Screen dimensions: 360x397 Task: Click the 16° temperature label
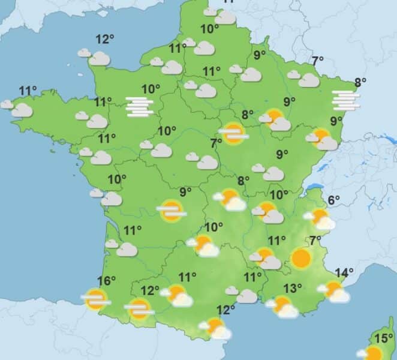pyautogui.click(x=106, y=280)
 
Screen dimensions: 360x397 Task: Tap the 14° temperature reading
pyautogui.click(x=344, y=274)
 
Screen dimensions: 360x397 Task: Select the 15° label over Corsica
pyautogui.click(x=383, y=338)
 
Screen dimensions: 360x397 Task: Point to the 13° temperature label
pyautogui.click(x=292, y=288)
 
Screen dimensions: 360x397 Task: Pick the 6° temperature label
pyautogui.click(x=333, y=200)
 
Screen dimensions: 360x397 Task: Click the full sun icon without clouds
pyautogui.click(x=301, y=259)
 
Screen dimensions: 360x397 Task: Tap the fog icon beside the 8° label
pyautogui.click(x=347, y=100)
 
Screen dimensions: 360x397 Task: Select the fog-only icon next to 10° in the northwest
pyautogui.click(x=140, y=106)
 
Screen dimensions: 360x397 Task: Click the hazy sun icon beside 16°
pyautogui.click(x=95, y=298)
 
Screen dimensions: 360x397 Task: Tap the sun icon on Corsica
pyautogui.click(x=374, y=353)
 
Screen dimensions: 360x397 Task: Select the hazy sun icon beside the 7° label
pyautogui.click(x=233, y=133)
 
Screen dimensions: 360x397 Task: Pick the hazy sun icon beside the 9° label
pyautogui.click(x=172, y=211)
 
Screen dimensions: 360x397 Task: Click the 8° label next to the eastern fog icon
pyautogui.click(x=360, y=83)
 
